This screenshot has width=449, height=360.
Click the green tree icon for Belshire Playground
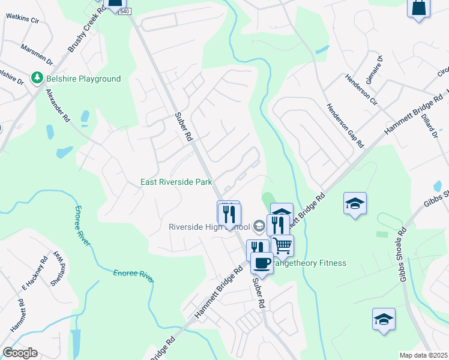[37, 79]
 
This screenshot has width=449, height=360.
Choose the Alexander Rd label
[58, 106]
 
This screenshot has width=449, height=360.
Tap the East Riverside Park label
[176, 182]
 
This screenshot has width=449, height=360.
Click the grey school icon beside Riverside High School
[259, 226]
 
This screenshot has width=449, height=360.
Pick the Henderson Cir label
[361, 89]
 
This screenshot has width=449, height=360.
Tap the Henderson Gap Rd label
[345, 125]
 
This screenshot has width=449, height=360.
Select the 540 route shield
[124, 12]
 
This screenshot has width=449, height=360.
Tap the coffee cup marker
[261, 263]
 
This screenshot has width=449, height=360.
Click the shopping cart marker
[282, 245]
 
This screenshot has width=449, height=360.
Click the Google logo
[20, 353]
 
